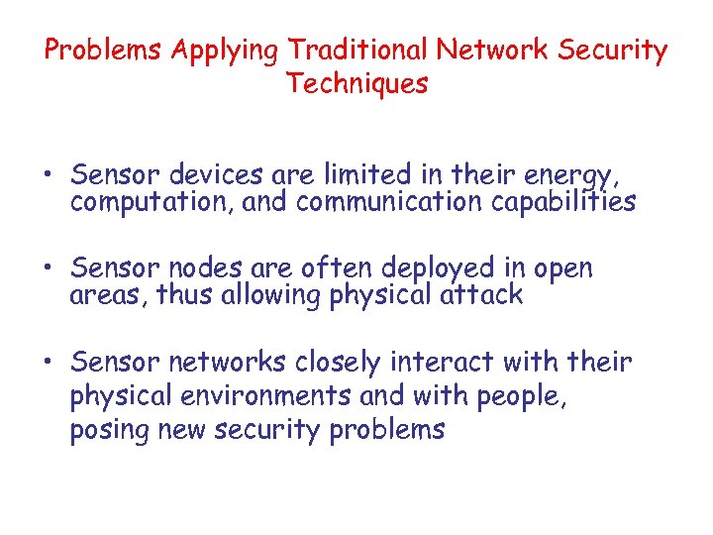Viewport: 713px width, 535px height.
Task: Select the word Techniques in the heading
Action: [x=357, y=83]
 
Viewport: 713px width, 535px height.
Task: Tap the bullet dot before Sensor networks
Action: [x=49, y=364]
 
